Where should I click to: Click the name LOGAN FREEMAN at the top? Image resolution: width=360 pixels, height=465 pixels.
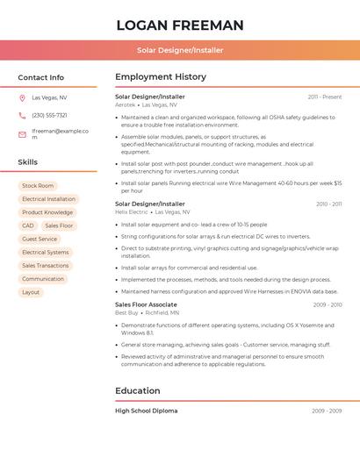tap(180, 25)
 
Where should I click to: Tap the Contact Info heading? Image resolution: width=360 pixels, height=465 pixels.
tap(40, 77)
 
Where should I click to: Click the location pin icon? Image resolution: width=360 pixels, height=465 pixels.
tap(22, 97)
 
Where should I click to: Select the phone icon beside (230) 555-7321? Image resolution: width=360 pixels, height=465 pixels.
tap(22, 115)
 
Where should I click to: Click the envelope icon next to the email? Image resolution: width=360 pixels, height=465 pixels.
tap(22, 134)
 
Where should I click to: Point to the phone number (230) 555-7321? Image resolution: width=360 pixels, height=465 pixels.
tap(49, 115)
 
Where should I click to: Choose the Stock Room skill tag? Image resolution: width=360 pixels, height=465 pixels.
tap(38, 186)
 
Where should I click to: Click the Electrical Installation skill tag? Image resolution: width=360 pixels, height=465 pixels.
tap(49, 199)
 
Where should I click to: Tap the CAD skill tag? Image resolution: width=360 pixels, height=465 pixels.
tap(28, 225)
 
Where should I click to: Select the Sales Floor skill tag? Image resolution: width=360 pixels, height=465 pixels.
tap(59, 225)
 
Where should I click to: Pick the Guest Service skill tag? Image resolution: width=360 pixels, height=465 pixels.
tap(40, 239)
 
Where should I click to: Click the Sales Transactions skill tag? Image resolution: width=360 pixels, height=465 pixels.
tap(46, 266)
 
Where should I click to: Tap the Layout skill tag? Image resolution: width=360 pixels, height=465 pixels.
tap(31, 292)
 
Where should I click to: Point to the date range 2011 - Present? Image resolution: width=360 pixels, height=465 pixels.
tap(325, 97)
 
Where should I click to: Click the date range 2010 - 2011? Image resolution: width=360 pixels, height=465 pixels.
tap(328, 204)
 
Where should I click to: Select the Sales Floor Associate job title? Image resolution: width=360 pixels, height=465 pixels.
tap(146, 304)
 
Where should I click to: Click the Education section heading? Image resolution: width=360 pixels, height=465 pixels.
tap(137, 390)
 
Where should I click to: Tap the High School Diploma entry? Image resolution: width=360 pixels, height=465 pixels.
tap(146, 411)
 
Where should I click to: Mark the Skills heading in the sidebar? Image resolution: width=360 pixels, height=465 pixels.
tap(28, 162)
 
